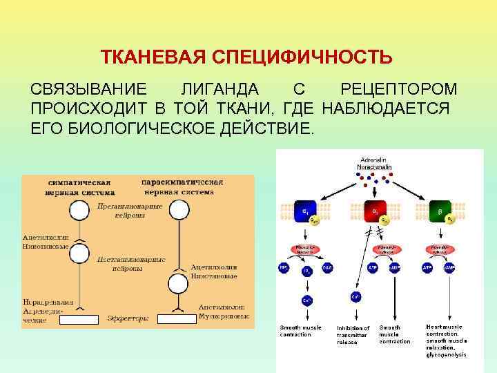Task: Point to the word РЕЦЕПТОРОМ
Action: [x=399, y=90]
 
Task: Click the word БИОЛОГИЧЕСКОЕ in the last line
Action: [x=169, y=128]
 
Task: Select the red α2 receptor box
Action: [x=375, y=210]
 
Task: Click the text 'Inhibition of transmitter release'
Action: [x=353, y=334]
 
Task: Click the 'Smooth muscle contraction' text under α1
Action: [x=300, y=330]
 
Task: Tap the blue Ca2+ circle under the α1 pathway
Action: [x=306, y=300]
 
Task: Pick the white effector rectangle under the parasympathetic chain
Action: [x=177, y=318]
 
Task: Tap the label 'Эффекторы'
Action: [x=128, y=318]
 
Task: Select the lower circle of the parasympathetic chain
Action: [x=179, y=283]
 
